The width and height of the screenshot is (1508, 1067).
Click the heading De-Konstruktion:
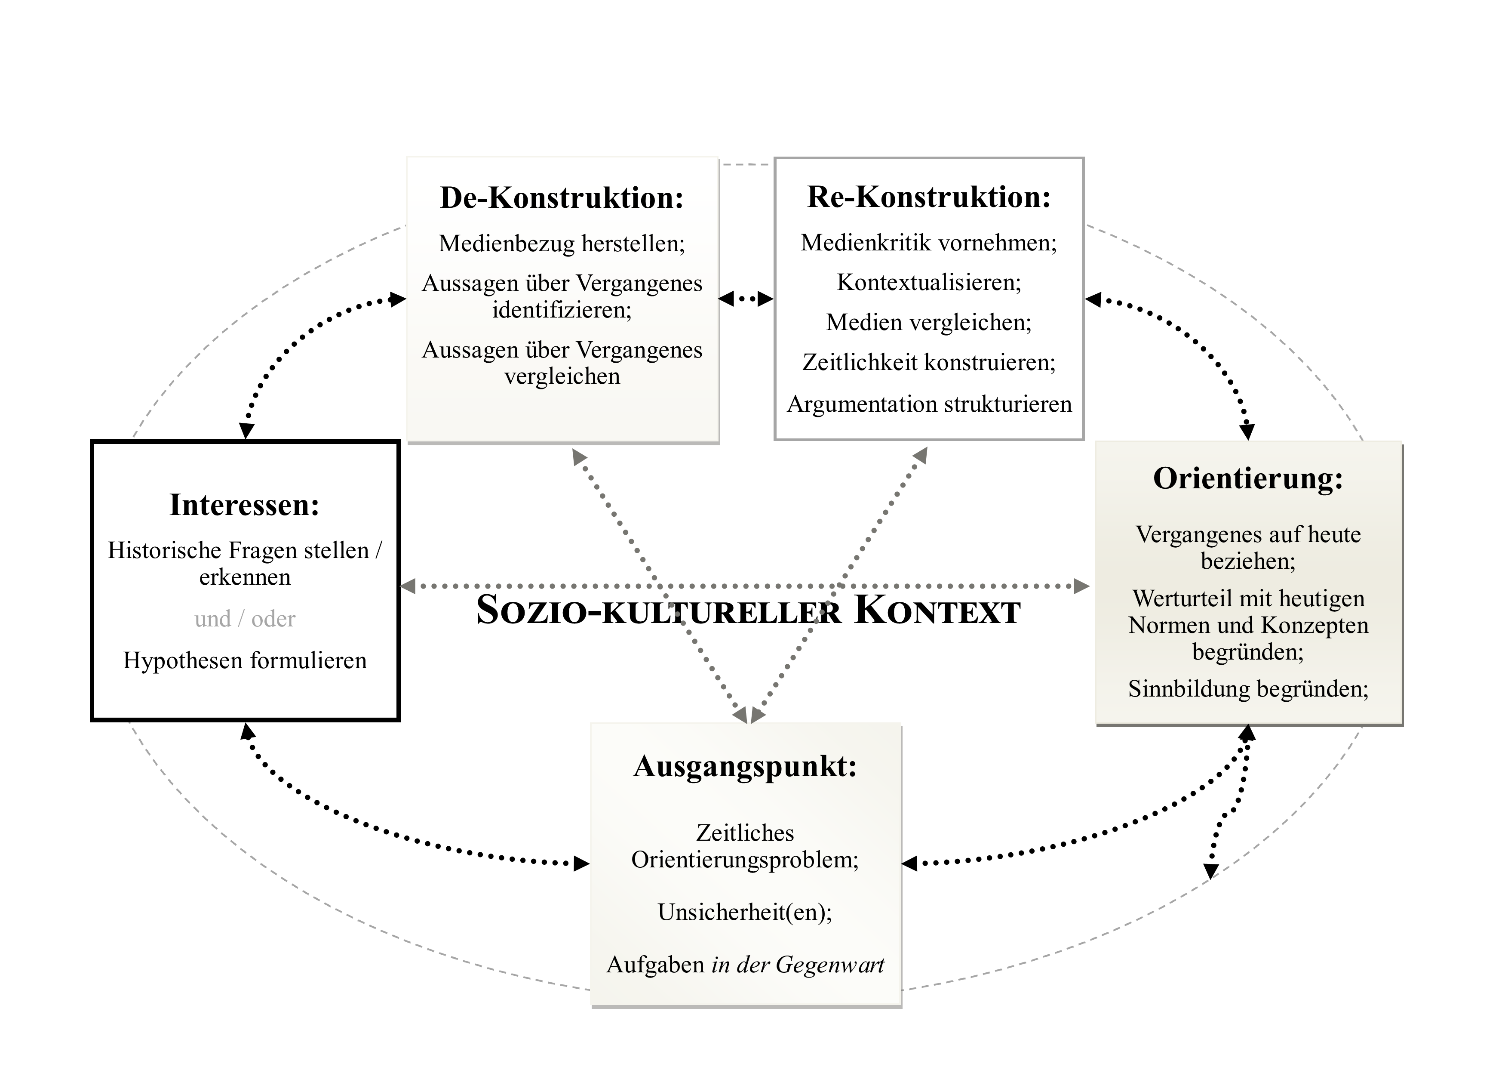pos(562,198)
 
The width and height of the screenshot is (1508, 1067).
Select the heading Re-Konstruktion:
pos(929,197)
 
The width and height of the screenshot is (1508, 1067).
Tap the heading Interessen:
pos(244,505)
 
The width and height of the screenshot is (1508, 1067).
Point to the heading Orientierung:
pos(1248,478)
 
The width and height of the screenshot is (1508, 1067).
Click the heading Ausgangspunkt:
pos(746,766)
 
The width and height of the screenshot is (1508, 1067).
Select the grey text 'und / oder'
pos(245,619)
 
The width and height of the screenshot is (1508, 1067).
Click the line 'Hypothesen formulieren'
pos(245,660)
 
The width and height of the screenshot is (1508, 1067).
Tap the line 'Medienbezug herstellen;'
pos(562,244)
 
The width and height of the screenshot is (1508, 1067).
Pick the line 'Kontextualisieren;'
pos(929,283)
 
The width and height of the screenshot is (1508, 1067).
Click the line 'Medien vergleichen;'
pos(929,323)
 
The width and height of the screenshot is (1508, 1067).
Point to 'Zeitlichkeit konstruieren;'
pos(929,363)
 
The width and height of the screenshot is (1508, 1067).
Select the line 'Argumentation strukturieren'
pos(929,404)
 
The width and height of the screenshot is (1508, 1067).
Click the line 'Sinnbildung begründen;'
pos(1248,688)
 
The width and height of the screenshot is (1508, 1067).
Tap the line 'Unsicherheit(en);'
pos(746,912)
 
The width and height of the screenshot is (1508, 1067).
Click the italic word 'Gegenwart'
pos(829,965)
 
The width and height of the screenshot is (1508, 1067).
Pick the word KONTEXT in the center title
pos(937,611)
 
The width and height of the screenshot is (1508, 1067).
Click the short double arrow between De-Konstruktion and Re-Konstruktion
pos(746,299)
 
